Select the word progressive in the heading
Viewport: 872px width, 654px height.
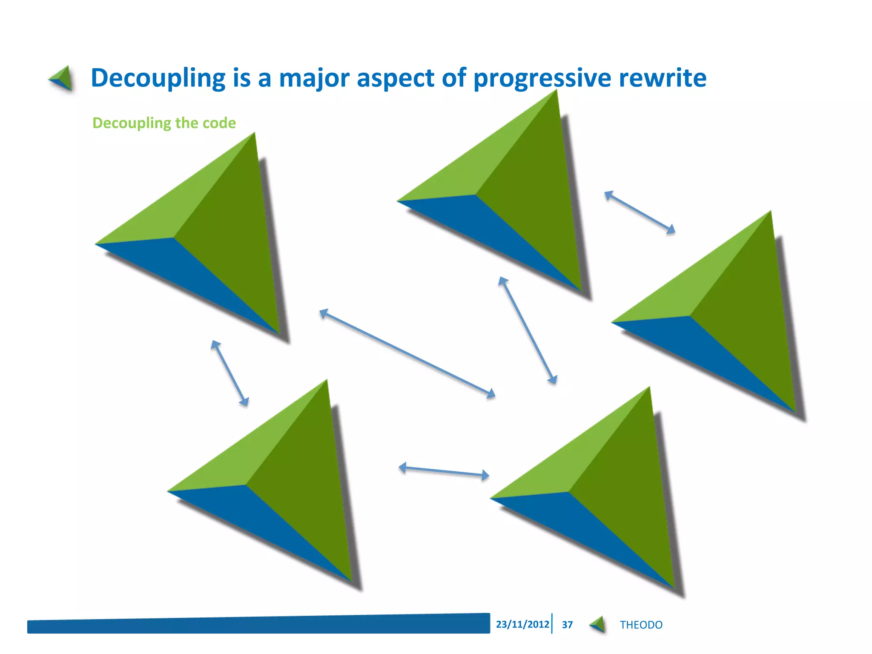point(542,78)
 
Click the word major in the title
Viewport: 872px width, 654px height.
point(313,78)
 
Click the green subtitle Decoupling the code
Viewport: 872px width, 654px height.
point(164,123)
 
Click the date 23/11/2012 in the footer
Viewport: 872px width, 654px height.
point(522,624)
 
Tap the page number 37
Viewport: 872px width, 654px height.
point(567,625)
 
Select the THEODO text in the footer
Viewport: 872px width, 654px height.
point(641,625)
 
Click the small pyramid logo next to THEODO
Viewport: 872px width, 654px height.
point(598,625)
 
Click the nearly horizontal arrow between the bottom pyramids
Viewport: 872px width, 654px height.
point(444,471)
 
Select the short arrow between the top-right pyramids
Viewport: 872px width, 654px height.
point(640,212)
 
